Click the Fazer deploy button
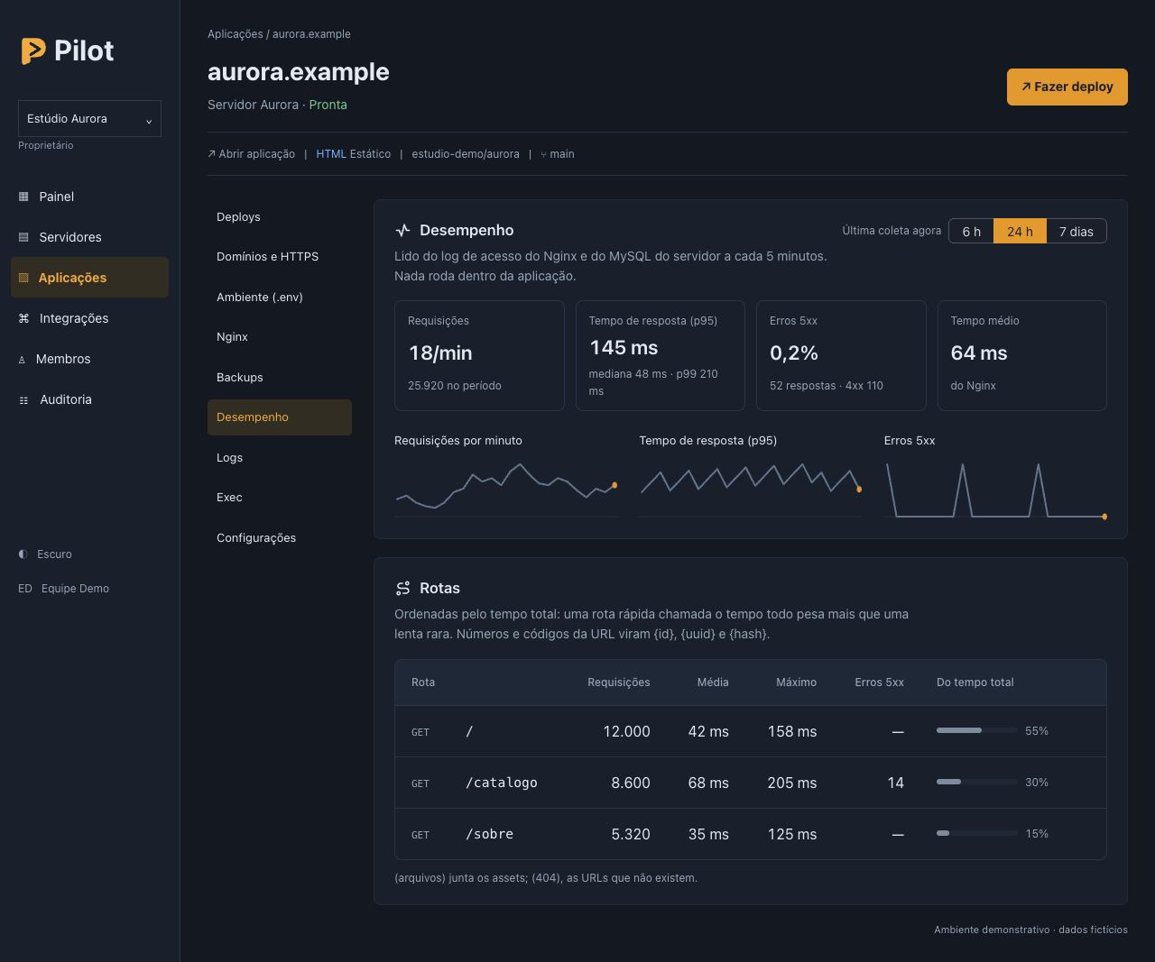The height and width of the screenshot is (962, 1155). [x=1067, y=87]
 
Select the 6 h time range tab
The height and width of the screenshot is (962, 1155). [x=971, y=231]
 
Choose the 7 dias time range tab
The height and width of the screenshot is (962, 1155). [x=1076, y=231]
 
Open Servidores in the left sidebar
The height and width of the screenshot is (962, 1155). [x=70, y=237]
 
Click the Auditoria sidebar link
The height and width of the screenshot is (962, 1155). [x=66, y=399]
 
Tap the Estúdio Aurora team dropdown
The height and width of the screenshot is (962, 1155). [x=89, y=118]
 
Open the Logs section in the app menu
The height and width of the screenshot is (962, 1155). [x=229, y=457]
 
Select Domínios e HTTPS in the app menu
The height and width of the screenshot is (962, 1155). [x=267, y=257]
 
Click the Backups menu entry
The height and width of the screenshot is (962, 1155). [x=239, y=377]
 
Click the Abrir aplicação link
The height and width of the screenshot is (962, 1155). [x=251, y=153]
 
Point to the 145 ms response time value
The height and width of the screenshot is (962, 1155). [x=624, y=348]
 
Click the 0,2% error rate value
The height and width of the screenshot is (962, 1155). [x=794, y=353]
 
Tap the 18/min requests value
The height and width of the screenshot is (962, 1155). [x=440, y=353]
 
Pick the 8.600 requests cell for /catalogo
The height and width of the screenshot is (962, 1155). [x=630, y=783]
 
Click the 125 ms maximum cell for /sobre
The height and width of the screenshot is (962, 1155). [x=791, y=834]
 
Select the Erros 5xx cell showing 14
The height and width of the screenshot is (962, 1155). [x=895, y=783]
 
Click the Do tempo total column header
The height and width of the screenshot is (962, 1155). [x=975, y=683]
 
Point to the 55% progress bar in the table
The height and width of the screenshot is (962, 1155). [x=976, y=731]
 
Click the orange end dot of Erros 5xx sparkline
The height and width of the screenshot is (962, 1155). [x=1104, y=517]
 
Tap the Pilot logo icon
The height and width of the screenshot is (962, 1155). [x=33, y=50]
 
